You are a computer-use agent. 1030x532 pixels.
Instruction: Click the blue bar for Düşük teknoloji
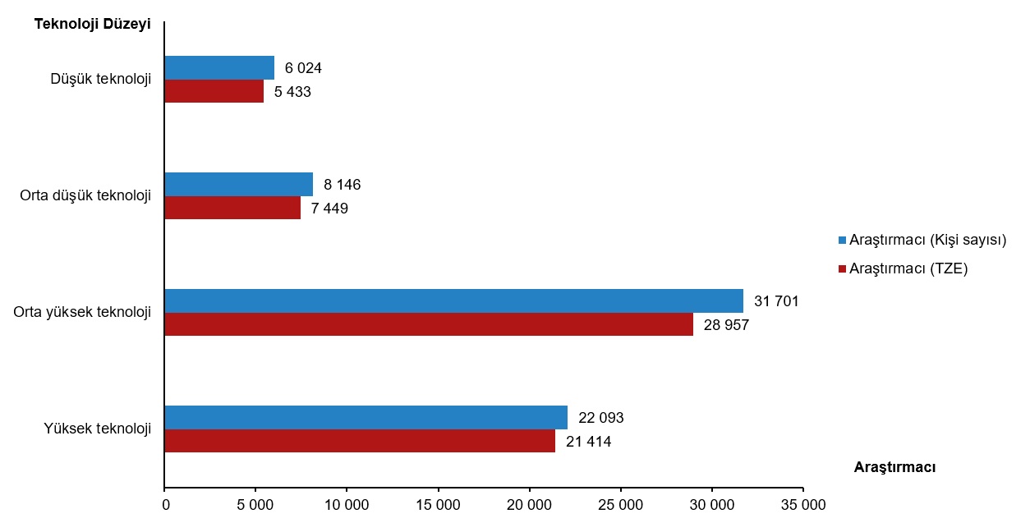click(219, 67)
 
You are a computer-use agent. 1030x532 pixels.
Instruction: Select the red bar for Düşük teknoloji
click(214, 91)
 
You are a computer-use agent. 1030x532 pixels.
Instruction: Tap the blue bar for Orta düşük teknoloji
click(239, 184)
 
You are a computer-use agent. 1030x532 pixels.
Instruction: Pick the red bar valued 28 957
click(429, 324)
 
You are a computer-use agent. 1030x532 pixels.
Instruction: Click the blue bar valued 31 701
click(453, 300)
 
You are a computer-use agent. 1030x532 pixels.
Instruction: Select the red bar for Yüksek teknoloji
click(360, 441)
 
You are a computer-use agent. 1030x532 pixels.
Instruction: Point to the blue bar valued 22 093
click(366, 417)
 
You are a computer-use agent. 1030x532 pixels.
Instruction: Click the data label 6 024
click(303, 68)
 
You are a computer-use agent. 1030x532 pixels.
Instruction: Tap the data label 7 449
click(329, 209)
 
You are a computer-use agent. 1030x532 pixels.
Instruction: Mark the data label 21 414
click(588, 442)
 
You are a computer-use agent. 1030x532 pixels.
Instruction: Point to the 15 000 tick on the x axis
click(438, 505)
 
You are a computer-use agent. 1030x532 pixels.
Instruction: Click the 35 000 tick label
click(802, 505)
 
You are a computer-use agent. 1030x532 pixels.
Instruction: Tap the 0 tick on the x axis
click(165, 505)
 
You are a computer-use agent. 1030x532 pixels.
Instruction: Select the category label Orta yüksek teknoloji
click(82, 312)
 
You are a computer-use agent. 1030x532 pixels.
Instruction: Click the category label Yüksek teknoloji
click(98, 429)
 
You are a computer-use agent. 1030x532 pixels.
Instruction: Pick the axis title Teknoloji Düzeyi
click(92, 24)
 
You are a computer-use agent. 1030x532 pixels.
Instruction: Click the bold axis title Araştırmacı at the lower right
click(894, 467)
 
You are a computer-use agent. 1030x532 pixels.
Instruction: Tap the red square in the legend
click(842, 268)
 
